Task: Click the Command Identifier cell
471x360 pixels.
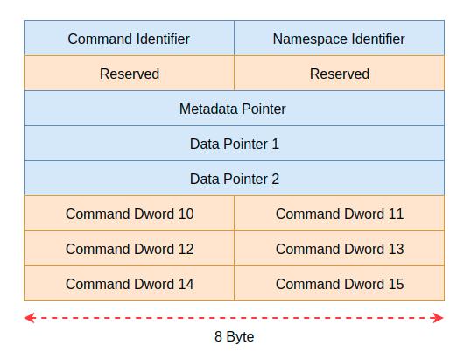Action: pos(130,38)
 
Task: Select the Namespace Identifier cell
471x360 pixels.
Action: pos(339,38)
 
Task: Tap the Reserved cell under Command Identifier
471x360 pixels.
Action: pos(130,73)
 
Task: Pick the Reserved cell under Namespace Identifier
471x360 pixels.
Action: pos(339,73)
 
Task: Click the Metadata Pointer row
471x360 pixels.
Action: pos(235,109)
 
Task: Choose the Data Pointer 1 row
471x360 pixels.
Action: pos(235,144)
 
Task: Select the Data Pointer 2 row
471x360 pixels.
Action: pos(235,179)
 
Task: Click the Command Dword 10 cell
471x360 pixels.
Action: pos(130,214)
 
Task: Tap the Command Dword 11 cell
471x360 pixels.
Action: pos(339,214)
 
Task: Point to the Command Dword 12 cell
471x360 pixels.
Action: pos(130,249)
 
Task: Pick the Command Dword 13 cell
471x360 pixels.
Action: pos(339,249)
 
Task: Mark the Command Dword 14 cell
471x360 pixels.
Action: pos(130,284)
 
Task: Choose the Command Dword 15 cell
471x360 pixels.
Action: pos(339,284)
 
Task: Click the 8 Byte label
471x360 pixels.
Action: pos(235,337)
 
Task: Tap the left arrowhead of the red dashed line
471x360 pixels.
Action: pos(30,318)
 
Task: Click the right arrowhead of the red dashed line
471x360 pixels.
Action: pos(439,318)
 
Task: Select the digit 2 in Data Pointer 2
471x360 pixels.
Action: pos(276,179)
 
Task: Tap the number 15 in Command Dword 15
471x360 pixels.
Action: pos(396,284)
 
